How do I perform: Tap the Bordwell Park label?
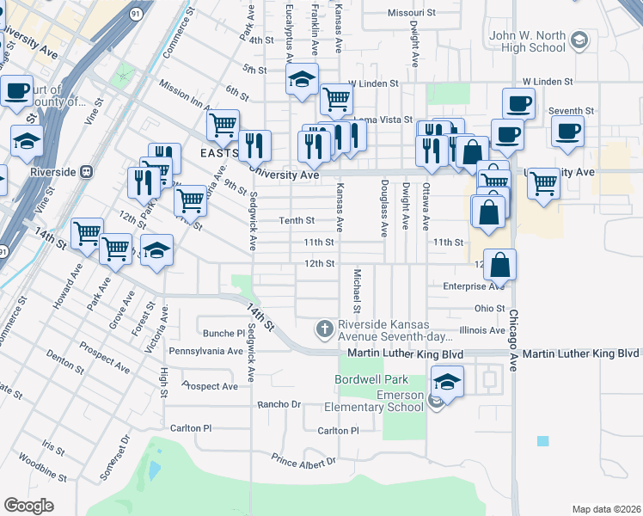[x=371, y=379]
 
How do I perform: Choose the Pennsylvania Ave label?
[x=205, y=351]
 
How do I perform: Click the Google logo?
[x=28, y=505]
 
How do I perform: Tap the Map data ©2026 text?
[x=606, y=509]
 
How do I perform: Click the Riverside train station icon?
[x=86, y=170]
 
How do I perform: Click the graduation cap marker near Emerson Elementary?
[x=447, y=381]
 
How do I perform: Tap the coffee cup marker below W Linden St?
[x=518, y=103]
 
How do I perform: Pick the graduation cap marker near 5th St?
[x=302, y=79]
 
